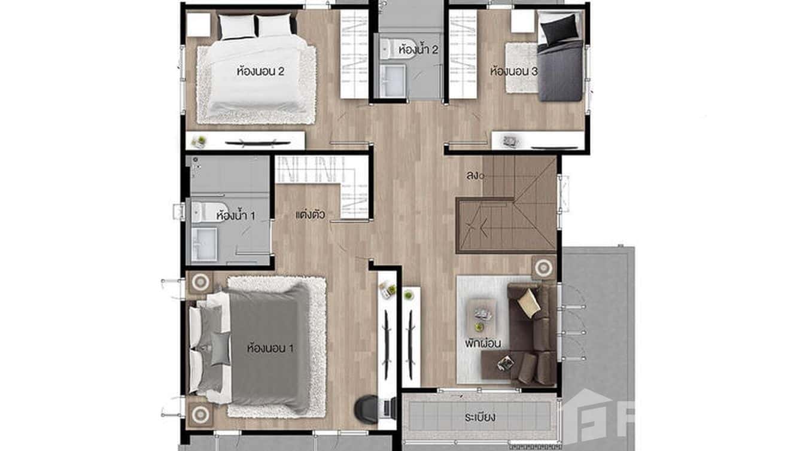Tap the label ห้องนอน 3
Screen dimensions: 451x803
[513, 71]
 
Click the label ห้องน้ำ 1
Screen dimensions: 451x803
[235, 215]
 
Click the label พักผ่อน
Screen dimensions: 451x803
[482, 343]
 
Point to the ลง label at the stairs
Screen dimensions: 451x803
[474, 175]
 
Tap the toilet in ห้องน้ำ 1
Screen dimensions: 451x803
[202, 212]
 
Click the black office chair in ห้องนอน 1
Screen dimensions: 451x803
[366, 409]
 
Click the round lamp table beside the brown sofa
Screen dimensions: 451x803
[543, 267]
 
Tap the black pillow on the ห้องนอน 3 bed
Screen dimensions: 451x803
[560, 27]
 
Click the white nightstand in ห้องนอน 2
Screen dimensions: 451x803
[198, 25]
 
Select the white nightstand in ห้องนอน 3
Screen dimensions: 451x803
[522, 22]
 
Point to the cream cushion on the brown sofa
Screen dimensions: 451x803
[529, 302]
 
